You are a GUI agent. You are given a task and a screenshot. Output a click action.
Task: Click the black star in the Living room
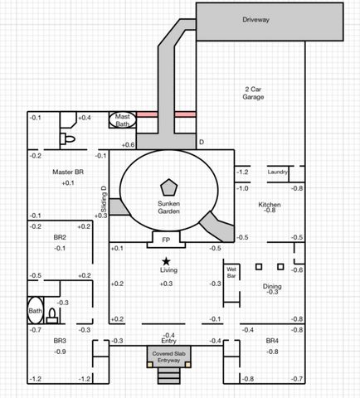coord(166,261)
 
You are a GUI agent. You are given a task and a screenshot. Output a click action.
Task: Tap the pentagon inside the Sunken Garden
coord(168,187)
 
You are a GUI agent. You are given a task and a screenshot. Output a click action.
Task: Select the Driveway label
coord(255,20)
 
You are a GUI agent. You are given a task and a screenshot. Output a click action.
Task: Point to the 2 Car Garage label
coord(253,93)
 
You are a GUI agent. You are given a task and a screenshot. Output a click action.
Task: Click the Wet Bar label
coord(231,272)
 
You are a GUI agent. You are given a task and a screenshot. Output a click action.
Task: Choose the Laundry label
coord(278,172)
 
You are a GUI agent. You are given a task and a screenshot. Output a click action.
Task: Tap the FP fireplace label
coord(166,240)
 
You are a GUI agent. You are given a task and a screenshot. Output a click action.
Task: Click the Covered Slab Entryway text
coord(168,357)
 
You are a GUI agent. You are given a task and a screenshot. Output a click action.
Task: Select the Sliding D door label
coord(104,198)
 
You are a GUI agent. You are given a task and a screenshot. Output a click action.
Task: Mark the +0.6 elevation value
coord(129,145)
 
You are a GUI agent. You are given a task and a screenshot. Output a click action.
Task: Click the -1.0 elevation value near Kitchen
coord(242,188)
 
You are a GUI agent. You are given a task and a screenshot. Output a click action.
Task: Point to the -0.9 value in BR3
coord(60,352)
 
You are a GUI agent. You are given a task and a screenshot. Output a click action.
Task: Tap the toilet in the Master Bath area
coord(68,138)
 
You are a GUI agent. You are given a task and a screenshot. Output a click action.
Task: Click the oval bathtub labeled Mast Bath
coord(123,120)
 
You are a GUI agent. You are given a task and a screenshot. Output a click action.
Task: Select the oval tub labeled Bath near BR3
coord(36,311)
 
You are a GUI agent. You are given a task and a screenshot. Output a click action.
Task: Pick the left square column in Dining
coord(259,267)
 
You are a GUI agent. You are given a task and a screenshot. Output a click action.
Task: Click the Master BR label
coord(68,172)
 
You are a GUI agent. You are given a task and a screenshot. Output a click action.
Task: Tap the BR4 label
coord(272,341)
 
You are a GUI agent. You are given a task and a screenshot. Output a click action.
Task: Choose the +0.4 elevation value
coord(85,118)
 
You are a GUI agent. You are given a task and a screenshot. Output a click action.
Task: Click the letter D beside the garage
coord(202,142)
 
